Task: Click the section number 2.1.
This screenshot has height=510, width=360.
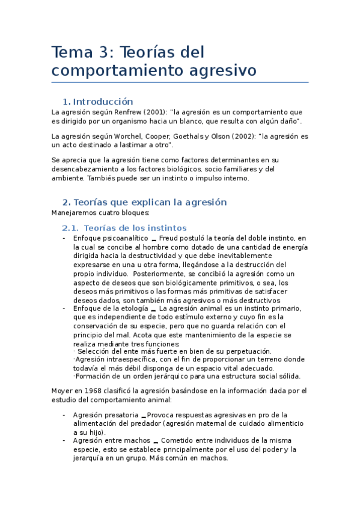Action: tap(71, 228)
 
